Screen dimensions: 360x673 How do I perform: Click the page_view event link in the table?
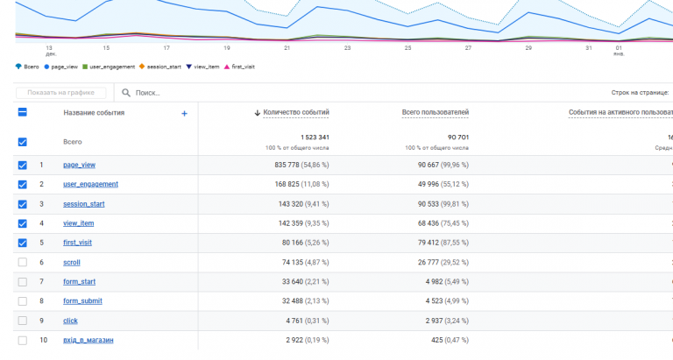point(79,165)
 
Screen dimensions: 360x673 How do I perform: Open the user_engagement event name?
point(90,184)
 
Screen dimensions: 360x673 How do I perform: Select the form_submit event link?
point(83,301)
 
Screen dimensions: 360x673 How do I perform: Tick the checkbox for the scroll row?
point(22,262)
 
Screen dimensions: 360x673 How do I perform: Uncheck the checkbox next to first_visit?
point(22,243)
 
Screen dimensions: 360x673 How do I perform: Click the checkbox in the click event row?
point(22,321)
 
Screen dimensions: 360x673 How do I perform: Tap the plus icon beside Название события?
point(184,113)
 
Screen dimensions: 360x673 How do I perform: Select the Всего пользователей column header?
point(436,112)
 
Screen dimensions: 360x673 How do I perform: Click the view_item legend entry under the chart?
point(206,67)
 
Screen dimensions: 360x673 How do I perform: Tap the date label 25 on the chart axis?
point(407,48)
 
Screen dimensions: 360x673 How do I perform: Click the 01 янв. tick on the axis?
point(619,50)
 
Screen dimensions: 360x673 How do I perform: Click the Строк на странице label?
point(640,92)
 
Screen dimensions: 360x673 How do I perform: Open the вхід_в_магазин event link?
point(88,340)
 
